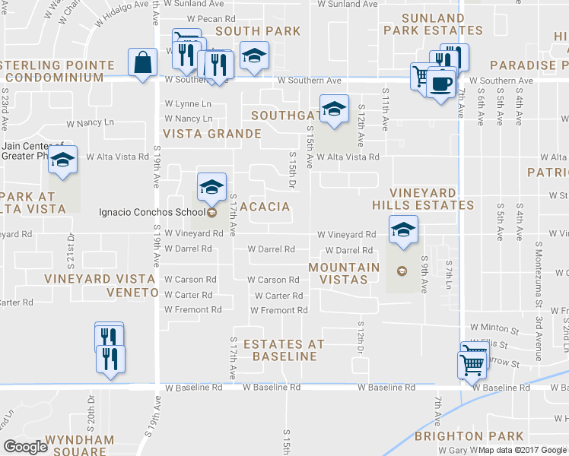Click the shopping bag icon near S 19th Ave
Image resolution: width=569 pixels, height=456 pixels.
coord(143,63)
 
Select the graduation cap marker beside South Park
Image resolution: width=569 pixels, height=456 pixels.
coord(254,55)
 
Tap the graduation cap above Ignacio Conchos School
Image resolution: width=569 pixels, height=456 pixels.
coord(212,186)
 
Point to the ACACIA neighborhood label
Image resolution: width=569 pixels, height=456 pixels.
coord(265,207)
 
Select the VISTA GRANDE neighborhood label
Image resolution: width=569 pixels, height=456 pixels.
coord(212,134)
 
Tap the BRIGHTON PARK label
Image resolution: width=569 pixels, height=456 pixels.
coord(469,436)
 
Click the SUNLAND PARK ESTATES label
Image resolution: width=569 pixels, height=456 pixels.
coord(432,24)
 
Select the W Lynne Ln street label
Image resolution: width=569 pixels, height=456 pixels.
coord(189,103)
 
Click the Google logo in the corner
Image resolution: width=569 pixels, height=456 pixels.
coord(26,447)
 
